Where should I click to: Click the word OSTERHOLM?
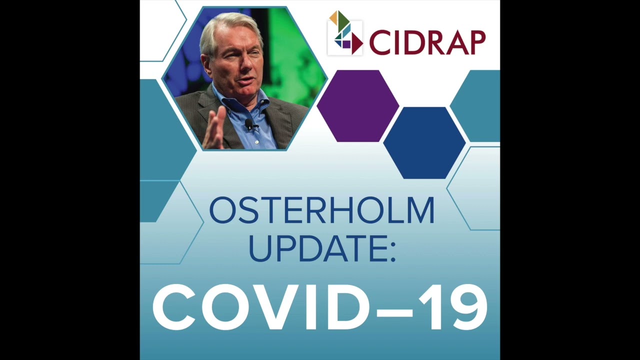321,210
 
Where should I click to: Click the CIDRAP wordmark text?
427,42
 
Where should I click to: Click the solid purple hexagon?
358,105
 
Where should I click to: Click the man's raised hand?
215,127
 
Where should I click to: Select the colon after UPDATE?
392,250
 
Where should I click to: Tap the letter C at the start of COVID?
175,307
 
